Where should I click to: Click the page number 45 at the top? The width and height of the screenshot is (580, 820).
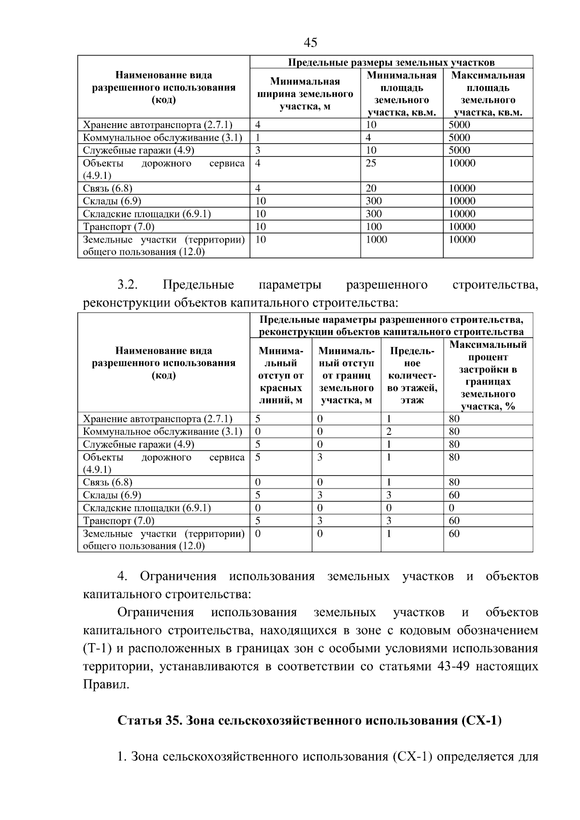(310, 43)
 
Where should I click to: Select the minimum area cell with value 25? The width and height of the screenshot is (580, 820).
(371, 163)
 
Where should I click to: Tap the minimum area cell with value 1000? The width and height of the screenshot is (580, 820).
(376, 240)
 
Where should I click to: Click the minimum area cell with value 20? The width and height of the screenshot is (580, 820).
(371, 188)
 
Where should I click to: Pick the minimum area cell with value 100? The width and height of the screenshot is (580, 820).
(373, 227)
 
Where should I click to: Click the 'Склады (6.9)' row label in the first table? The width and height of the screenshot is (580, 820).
(112, 201)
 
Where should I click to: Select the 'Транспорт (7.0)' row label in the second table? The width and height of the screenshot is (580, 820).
(118, 521)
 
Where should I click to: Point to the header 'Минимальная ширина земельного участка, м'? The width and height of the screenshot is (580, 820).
(304, 94)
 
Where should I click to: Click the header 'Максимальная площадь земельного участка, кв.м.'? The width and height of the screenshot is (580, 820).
(488, 94)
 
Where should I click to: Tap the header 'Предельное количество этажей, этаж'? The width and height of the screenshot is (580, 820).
(412, 375)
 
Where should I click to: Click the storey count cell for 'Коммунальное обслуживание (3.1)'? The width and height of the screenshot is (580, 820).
(389, 432)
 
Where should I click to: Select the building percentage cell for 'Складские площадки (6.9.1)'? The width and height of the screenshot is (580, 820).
(451, 508)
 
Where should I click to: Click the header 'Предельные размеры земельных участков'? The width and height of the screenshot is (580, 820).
(391, 62)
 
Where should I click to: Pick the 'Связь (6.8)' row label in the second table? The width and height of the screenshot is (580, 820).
(107, 482)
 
